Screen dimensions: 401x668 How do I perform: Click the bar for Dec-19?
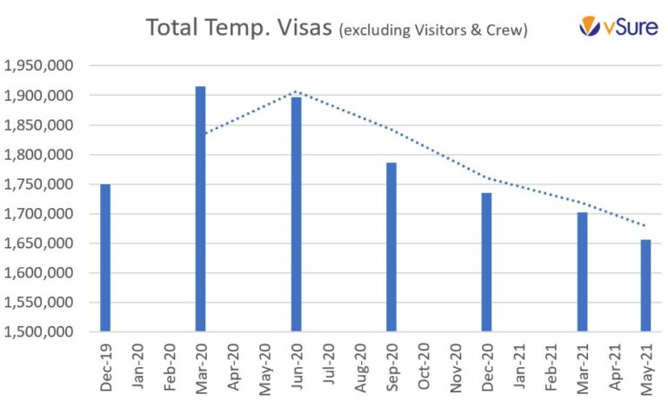coord(105,257)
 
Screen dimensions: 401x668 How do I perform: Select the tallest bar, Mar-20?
coord(201,209)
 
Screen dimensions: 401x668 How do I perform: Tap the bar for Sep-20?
coord(391,247)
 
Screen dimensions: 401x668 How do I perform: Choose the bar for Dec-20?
coord(486,262)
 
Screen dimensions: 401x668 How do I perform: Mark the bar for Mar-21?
coord(582,271)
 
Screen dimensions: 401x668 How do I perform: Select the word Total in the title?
coord(173,28)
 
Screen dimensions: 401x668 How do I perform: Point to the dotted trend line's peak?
coord(296,90)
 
